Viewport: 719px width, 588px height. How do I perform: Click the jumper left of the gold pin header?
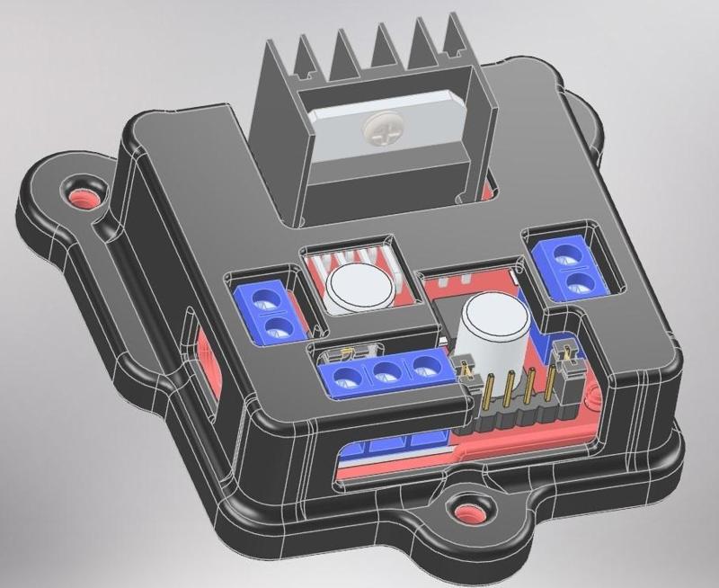pyautogui.click(x=466, y=368)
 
